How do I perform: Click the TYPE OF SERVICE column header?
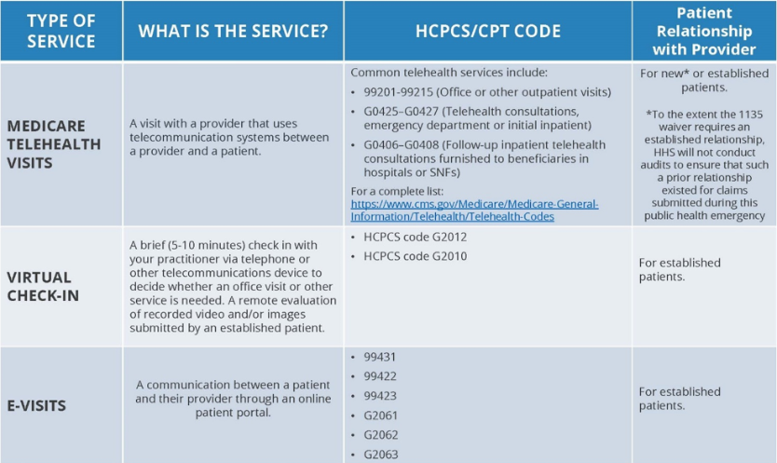point(61,32)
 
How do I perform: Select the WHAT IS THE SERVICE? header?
point(233,32)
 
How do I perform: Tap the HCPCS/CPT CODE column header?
point(487,32)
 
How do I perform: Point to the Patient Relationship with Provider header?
point(703,32)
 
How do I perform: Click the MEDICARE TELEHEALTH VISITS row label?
point(60,143)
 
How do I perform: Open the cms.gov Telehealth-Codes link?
point(474,210)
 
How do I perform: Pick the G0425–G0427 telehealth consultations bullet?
point(470,118)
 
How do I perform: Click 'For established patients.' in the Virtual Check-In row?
point(679,269)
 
